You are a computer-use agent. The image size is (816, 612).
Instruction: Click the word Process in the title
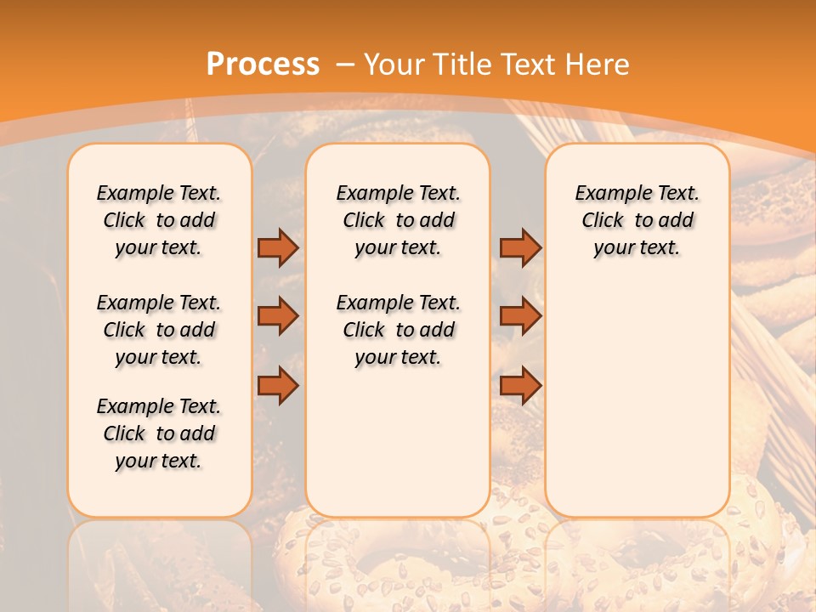[263, 65]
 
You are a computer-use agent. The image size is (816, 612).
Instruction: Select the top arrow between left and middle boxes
[278, 247]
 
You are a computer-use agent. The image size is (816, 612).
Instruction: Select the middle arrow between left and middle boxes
[278, 316]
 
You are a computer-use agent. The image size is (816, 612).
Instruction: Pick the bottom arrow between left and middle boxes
[278, 386]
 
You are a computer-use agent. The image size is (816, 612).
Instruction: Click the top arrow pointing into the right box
[520, 247]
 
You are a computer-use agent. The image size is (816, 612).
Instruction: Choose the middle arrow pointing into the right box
[520, 316]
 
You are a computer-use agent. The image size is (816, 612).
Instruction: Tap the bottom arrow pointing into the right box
[520, 386]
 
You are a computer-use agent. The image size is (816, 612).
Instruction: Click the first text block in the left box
[159, 220]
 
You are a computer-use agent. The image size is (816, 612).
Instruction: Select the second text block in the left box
[159, 330]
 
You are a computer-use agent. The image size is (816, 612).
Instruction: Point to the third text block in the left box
[159, 433]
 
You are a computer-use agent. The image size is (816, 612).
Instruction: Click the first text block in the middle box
[399, 220]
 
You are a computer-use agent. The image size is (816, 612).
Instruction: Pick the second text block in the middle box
[399, 330]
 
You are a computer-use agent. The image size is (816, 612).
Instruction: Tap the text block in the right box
[637, 220]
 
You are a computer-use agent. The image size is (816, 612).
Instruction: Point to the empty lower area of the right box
[637, 399]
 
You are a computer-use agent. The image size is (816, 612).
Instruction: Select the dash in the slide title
[344, 65]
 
